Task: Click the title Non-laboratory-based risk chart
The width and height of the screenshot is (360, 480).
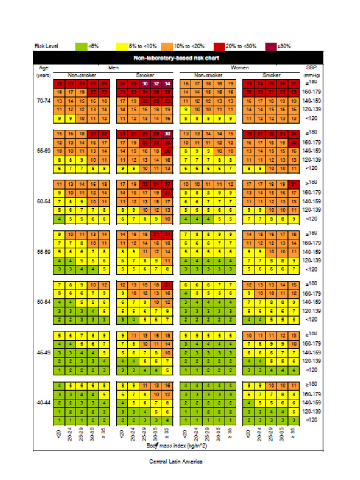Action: (x=180, y=58)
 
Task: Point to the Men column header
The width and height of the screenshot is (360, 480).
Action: (x=114, y=67)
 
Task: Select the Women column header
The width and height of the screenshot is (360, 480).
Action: (x=239, y=67)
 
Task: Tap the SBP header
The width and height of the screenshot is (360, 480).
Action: (x=311, y=67)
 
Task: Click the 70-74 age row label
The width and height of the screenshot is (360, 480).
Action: (x=44, y=101)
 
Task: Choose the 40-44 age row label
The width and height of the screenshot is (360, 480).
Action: (x=44, y=402)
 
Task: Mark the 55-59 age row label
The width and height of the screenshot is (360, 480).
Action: (x=44, y=251)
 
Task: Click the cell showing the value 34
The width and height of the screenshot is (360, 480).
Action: (x=167, y=84)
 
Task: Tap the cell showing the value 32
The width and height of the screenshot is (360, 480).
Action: (x=156, y=84)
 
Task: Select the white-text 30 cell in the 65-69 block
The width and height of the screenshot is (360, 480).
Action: (x=167, y=134)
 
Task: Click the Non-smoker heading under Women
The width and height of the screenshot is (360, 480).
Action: (x=208, y=75)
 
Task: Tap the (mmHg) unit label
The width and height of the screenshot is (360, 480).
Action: (x=311, y=75)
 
